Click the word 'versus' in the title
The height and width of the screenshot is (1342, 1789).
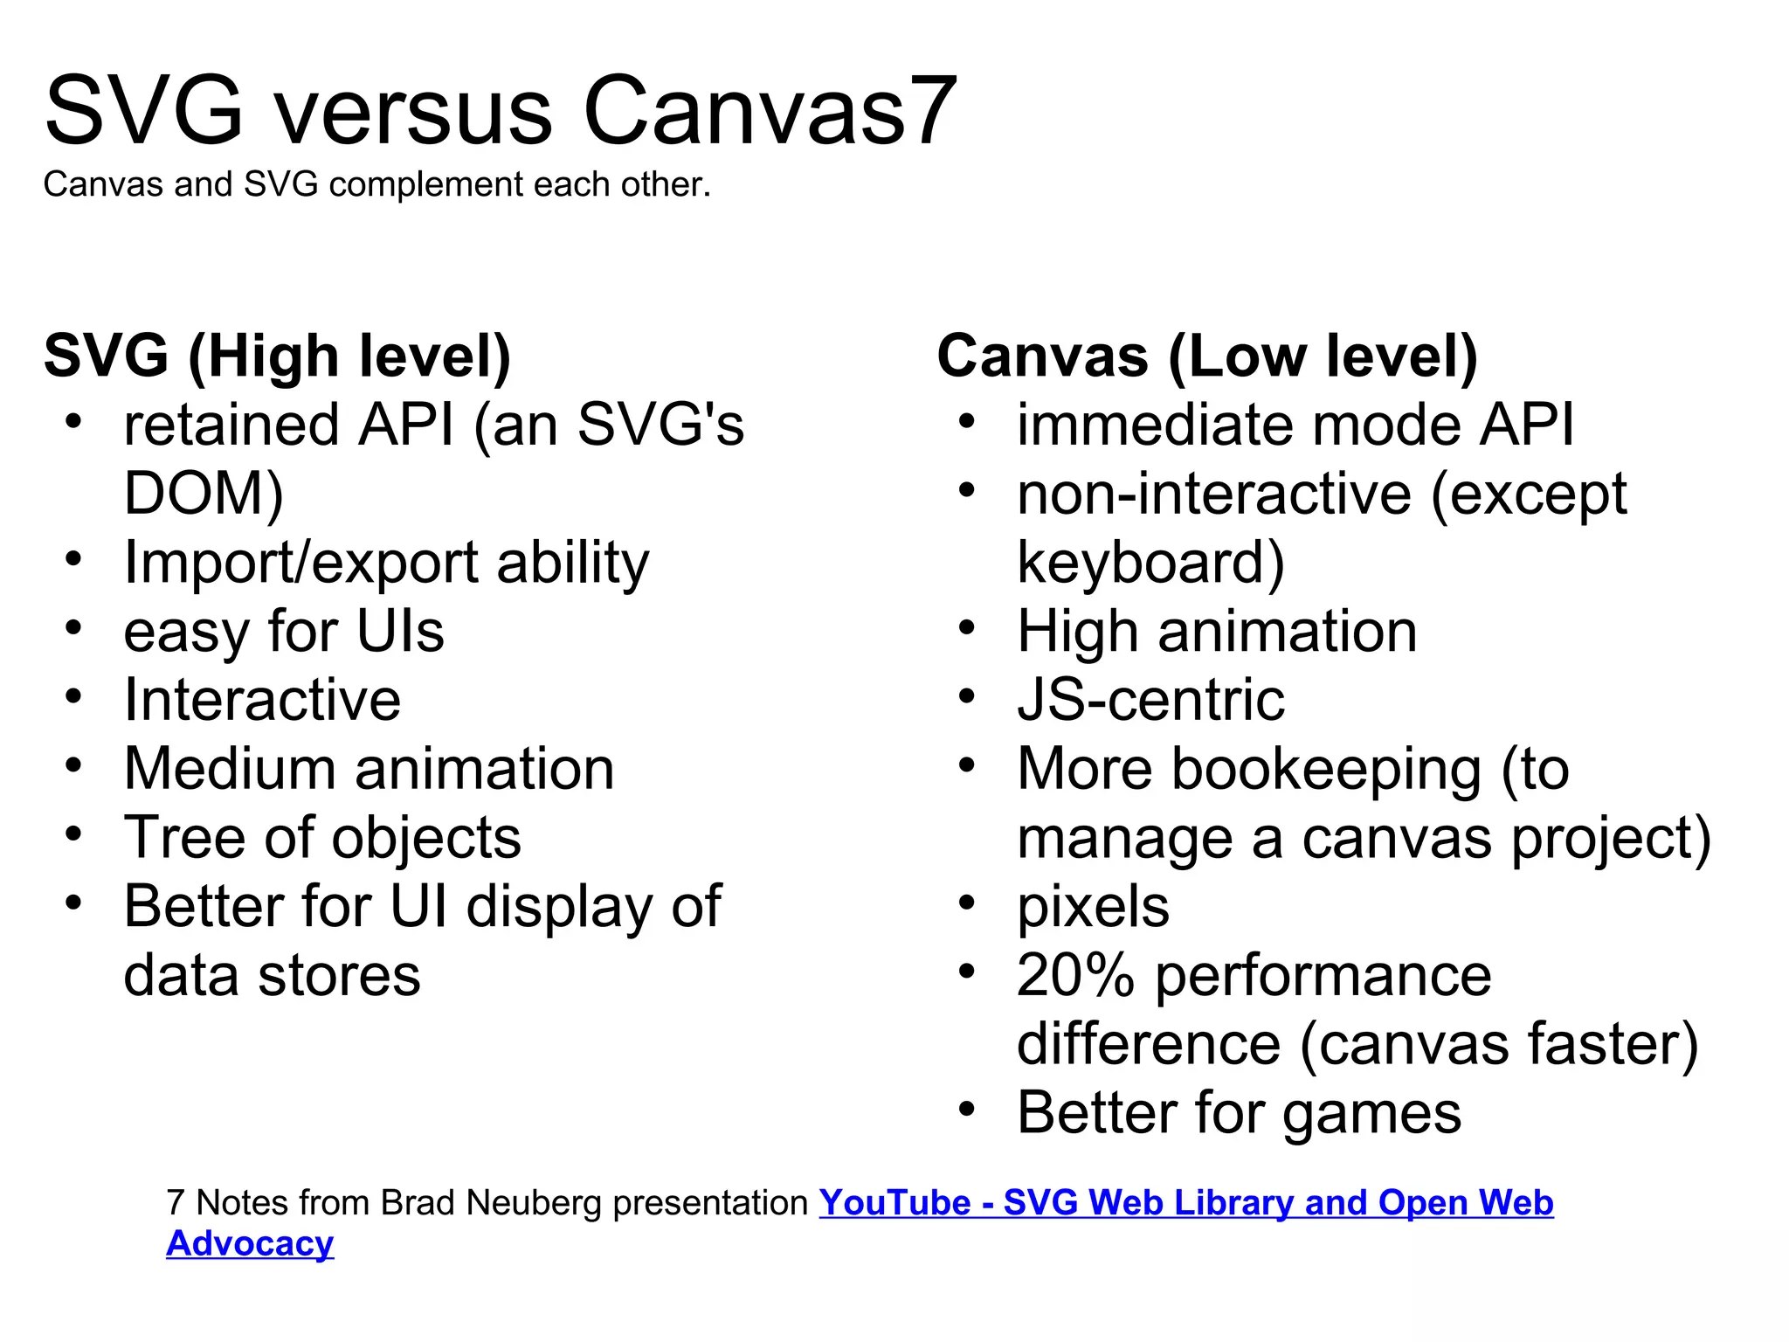tap(413, 112)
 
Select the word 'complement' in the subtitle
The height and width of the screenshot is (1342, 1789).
tap(426, 185)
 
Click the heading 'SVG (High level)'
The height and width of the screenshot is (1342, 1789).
tap(278, 356)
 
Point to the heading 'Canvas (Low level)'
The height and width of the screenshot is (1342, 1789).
tap(1207, 356)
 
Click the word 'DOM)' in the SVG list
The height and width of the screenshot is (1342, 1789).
tap(204, 494)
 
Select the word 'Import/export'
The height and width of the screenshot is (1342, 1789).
tap(300, 563)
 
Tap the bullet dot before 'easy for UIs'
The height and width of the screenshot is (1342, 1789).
tap(73, 627)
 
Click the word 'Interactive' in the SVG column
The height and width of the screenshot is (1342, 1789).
tap(262, 700)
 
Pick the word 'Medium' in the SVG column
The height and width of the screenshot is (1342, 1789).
tap(230, 769)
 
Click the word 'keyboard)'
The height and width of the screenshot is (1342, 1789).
tap(1150, 563)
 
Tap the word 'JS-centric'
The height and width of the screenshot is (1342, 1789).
tap(1150, 700)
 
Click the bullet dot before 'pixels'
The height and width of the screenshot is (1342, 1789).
tap(966, 903)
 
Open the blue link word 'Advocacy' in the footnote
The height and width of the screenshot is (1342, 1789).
tap(250, 1244)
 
